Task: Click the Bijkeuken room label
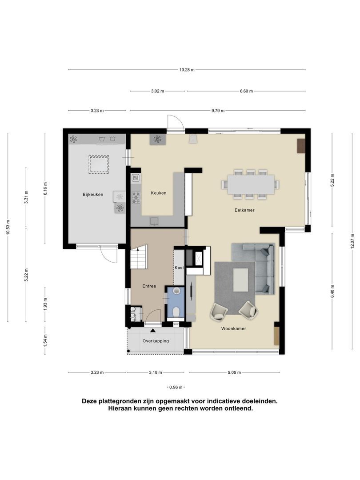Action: tap(92, 195)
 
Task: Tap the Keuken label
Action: tap(159, 193)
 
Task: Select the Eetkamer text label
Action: tap(245, 210)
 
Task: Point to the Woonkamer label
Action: tap(234, 329)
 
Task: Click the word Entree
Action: tap(149, 286)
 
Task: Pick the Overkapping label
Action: tap(156, 341)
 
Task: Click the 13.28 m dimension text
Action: tap(187, 70)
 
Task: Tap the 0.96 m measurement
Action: tap(176, 387)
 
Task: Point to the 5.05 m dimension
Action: tap(234, 372)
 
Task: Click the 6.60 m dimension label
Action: tap(246, 91)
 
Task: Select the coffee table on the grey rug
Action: tap(241, 280)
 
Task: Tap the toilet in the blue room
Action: tap(176, 311)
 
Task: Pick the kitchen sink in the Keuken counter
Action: tap(154, 221)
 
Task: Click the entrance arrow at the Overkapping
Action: tap(153, 330)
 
